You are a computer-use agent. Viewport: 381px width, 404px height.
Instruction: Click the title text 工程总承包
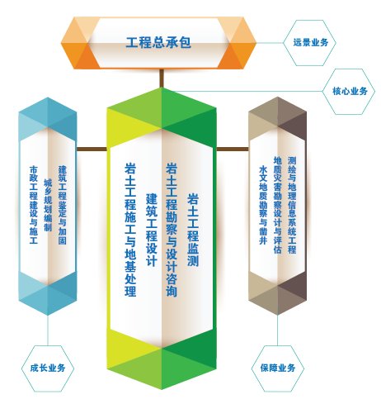tap(158, 43)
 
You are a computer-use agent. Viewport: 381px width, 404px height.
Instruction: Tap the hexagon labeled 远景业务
tap(310, 43)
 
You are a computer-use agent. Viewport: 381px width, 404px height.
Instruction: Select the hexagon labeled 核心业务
tap(349, 92)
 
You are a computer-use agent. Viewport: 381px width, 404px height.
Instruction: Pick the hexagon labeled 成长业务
tap(48, 368)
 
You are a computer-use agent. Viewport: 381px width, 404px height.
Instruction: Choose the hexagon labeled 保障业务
tap(278, 368)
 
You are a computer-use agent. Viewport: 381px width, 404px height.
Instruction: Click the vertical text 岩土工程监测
tap(193, 230)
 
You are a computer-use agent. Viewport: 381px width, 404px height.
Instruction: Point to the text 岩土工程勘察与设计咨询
tap(172, 230)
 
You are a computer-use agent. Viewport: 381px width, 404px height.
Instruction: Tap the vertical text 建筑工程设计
tap(152, 230)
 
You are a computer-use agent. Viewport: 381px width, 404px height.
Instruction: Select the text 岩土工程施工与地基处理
tap(130, 230)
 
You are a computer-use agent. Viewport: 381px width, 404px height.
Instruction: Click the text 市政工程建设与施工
tap(34, 205)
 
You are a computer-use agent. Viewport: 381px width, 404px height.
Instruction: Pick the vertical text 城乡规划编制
tap(48, 205)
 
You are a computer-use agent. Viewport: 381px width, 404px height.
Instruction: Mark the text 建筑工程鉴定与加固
tap(62, 205)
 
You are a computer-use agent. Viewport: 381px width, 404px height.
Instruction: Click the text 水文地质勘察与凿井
tap(263, 205)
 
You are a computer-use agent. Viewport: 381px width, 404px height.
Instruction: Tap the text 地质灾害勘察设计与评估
tap(278, 205)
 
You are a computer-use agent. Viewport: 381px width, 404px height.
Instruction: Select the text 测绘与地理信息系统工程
tap(292, 205)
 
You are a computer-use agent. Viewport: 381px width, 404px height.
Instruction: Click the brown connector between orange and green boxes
tap(162, 78)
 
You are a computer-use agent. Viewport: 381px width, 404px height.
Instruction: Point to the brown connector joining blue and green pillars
tap(92, 150)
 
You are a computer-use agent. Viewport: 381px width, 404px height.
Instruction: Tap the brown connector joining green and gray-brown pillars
tap(233, 150)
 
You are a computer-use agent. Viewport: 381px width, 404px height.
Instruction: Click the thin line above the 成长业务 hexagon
tap(48, 330)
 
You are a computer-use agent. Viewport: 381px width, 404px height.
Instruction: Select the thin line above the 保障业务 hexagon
tap(278, 330)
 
